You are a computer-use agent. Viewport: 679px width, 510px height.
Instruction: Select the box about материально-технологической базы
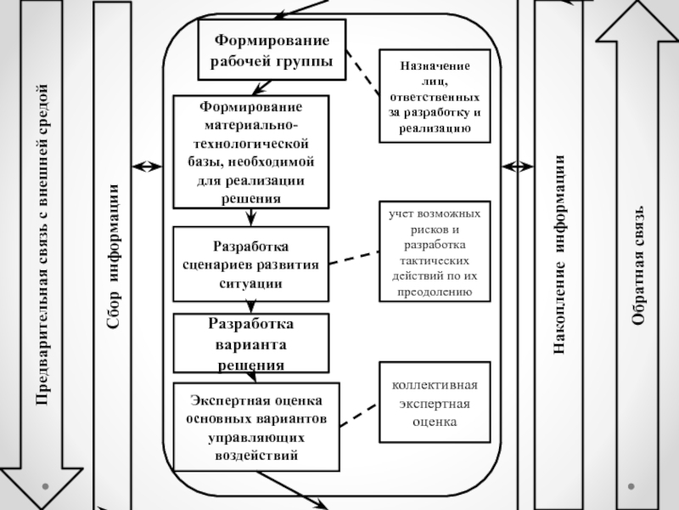pyautogui.click(x=250, y=151)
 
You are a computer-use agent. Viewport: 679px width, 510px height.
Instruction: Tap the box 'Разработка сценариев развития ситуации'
pyautogui.click(x=250, y=263)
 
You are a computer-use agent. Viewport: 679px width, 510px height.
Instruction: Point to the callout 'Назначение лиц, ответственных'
pyautogui.click(x=435, y=93)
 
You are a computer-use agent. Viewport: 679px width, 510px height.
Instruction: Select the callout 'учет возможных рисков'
pyautogui.click(x=435, y=252)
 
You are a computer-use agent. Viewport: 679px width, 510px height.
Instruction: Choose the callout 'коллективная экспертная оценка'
pyautogui.click(x=435, y=402)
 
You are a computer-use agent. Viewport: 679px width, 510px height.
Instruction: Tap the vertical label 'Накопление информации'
pyautogui.click(x=561, y=255)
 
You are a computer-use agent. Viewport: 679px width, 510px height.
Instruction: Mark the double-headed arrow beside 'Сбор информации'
pyautogui.click(x=146, y=166)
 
